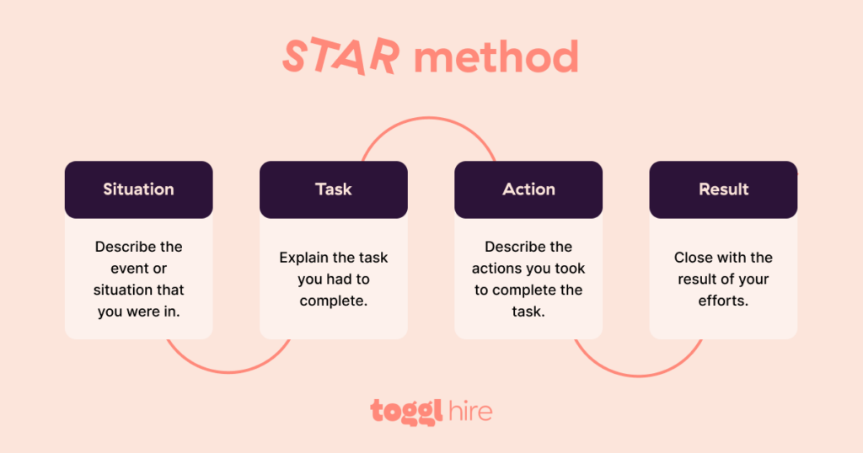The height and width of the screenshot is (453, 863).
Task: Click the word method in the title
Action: (x=496, y=57)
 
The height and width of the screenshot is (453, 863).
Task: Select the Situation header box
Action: (x=138, y=189)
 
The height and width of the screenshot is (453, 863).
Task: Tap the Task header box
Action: (x=333, y=189)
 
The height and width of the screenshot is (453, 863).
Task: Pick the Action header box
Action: (x=528, y=189)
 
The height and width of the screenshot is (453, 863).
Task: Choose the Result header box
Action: (x=723, y=189)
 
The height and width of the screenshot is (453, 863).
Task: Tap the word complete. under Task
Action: (x=334, y=301)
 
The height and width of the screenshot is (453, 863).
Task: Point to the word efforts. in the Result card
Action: (x=723, y=301)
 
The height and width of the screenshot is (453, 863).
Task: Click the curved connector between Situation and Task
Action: (x=228, y=370)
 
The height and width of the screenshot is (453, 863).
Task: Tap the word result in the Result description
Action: (x=697, y=280)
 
